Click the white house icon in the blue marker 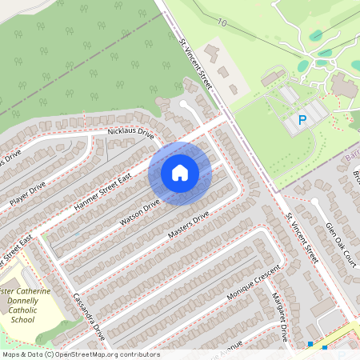[x=179, y=173]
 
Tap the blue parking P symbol [x=302, y=121]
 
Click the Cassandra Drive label [x=90, y=317]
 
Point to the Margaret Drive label [x=282, y=317]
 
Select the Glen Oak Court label [x=339, y=241]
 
